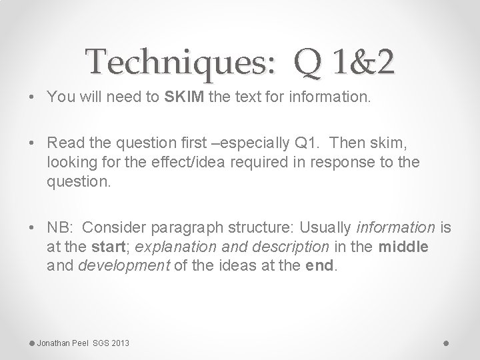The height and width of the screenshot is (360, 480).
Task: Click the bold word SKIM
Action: click(x=183, y=97)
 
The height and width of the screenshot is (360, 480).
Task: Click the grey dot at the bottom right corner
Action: click(x=446, y=342)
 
